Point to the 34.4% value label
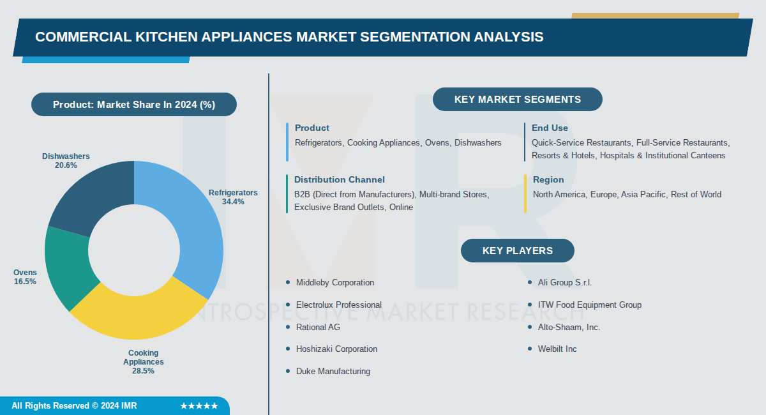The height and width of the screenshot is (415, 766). [232, 202]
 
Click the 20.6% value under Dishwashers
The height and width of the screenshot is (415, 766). [66, 165]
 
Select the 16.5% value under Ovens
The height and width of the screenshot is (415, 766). [25, 282]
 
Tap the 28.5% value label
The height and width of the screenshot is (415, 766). [143, 371]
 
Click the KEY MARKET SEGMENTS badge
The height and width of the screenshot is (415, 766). [517, 100]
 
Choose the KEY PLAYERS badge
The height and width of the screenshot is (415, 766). [517, 251]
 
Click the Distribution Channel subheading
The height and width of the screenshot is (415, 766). [339, 180]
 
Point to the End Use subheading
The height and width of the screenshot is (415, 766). [550, 128]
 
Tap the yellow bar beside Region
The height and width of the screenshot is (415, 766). [525, 193]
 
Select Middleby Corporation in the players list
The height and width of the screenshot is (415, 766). [334, 282]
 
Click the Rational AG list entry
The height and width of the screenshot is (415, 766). [318, 327]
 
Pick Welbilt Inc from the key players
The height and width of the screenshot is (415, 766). [557, 349]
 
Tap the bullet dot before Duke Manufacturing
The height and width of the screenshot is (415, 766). [288, 371]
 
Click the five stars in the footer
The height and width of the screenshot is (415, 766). [199, 406]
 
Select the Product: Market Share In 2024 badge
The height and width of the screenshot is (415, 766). [134, 105]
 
